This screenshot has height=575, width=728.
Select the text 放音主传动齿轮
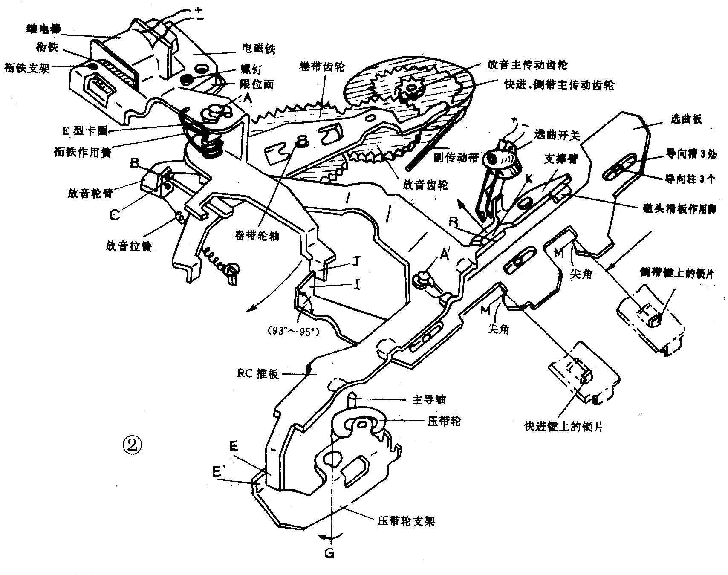coord(527,65)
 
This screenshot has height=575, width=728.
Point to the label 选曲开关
coord(557,135)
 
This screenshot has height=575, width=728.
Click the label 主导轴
coord(429,399)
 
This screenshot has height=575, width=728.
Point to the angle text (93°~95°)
coord(294,331)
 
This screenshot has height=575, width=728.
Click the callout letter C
coord(115,215)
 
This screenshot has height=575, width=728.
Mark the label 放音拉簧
coord(129,246)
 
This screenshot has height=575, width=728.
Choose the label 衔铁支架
coord(26,68)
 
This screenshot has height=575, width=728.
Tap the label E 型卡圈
coord(84,131)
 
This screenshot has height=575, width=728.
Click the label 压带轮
coord(444,422)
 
